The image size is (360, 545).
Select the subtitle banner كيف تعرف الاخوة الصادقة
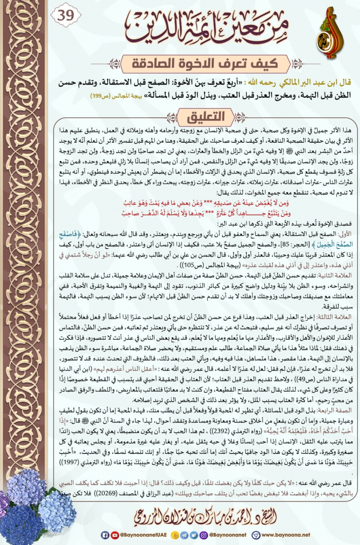coord(204,64)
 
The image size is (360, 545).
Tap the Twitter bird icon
coord(193,535)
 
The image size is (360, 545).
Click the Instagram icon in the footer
coord(202,535)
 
